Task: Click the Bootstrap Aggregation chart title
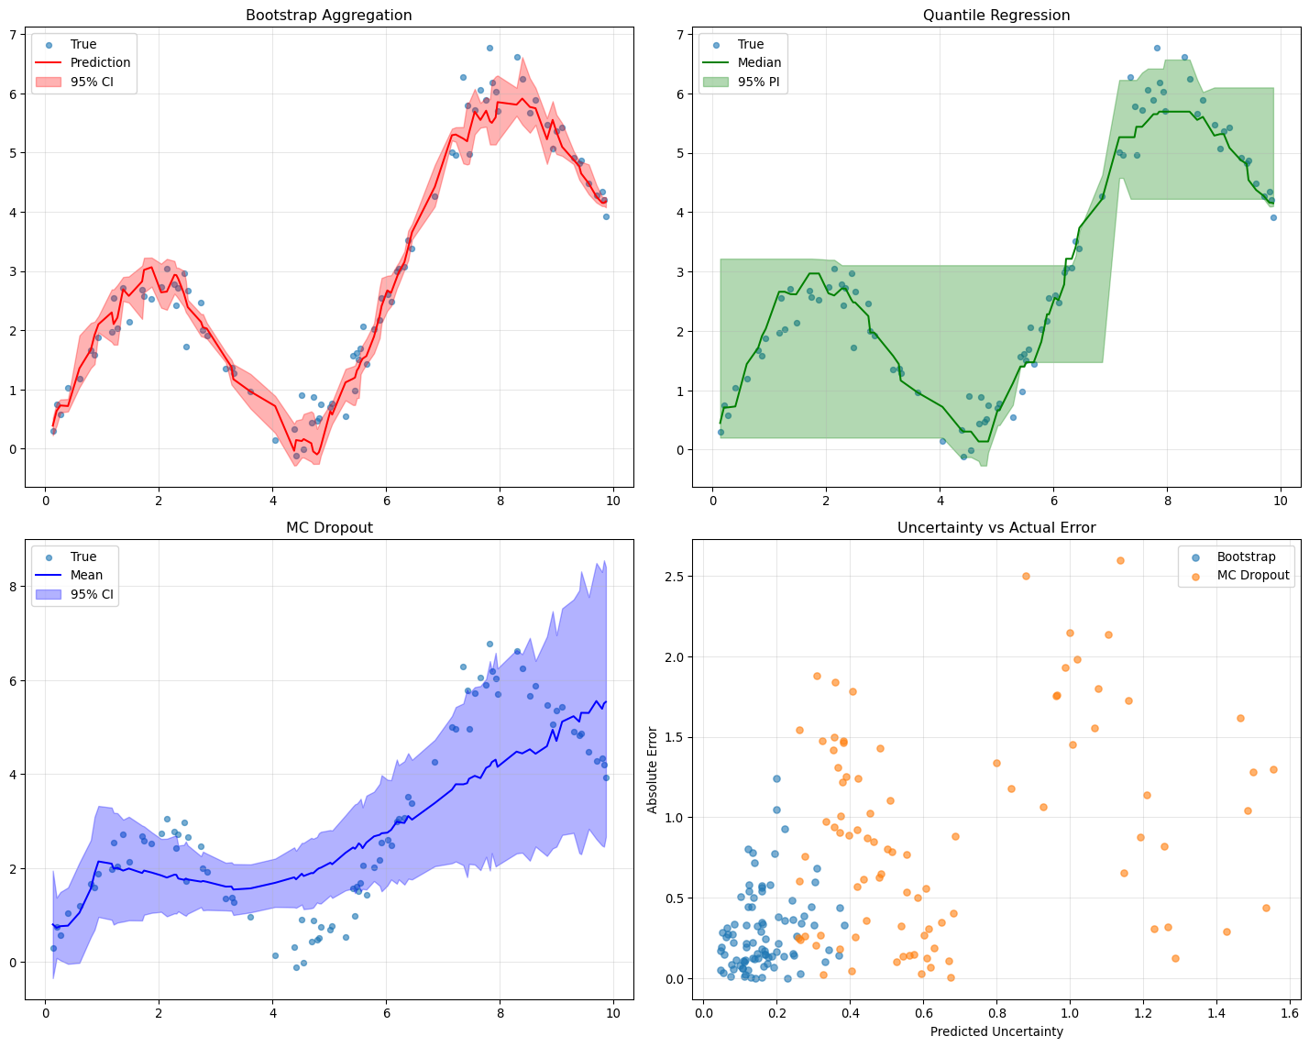[328, 16]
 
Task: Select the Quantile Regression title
[995, 16]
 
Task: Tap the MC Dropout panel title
[329, 527]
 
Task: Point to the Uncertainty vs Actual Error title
[995, 527]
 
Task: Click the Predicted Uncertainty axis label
[996, 1031]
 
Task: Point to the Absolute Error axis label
[652, 769]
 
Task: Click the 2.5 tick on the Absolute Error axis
[676, 576]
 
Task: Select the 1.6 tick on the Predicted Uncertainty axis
[1289, 1013]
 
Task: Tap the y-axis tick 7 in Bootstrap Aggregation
[14, 35]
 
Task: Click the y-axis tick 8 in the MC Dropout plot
[14, 587]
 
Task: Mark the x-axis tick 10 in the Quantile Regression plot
[1281, 501]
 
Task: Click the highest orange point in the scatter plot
[1120, 560]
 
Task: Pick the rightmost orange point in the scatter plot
[1273, 769]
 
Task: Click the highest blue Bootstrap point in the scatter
[776, 778]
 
